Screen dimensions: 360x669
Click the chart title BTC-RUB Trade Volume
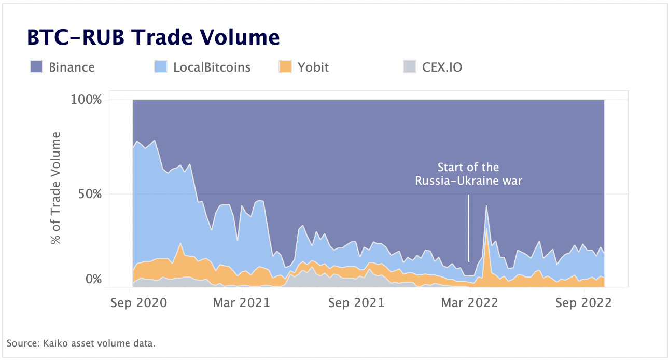pyautogui.click(x=153, y=38)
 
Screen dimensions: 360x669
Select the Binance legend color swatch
pyautogui.click(x=36, y=67)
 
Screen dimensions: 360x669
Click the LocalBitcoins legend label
pyautogui.click(x=212, y=67)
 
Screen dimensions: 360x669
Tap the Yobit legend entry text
pyautogui.click(x=313, y=67)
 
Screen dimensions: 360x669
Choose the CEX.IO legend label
pyautogui.click(x=442, y=67)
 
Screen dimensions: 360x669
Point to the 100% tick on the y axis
pyautogui.click(x=86, y=99)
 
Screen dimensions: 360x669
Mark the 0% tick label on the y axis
pyautogui.click(x=93, y=279)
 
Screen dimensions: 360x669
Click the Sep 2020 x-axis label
pyautogui.click(x=138, y=302)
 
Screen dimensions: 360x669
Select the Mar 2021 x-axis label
pyautogui.click(x=242, y=302)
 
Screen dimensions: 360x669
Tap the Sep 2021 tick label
pyautogui.click(x=357, y=302)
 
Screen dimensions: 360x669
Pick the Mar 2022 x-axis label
pyautogui.click(x=470, y=302)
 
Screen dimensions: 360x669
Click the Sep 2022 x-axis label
pyautogui.click(x=583, y=302)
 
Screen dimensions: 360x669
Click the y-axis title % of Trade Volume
pyautogui.click(x=55, y=188)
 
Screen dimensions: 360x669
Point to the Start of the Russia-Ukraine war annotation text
pyautogui.click(x=468, y=174)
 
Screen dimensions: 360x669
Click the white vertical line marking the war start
pyautogui.click(x=469, y=228)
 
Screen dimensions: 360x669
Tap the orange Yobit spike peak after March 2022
pyautogui.click(x=486, y=228)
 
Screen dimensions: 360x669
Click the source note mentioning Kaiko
pyautogui.click(x=81, y=343)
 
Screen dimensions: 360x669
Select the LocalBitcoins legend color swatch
pyautogui.click(x=161, y=67)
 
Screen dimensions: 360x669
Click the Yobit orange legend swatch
pyautogui.click(x=285, y=67)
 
